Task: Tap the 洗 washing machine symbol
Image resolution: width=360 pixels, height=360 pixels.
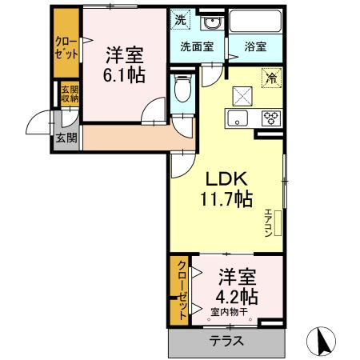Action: pos(182,20)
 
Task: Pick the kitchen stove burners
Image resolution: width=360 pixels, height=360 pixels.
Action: pos(270,118)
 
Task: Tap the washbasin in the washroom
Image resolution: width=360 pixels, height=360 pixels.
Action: pos(211,22)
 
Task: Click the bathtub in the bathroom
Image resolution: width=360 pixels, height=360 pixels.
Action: pos(254,22)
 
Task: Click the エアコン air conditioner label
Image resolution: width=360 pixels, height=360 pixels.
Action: pos(268,221)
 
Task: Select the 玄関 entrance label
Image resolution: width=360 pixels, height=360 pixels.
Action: pos(65,136)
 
